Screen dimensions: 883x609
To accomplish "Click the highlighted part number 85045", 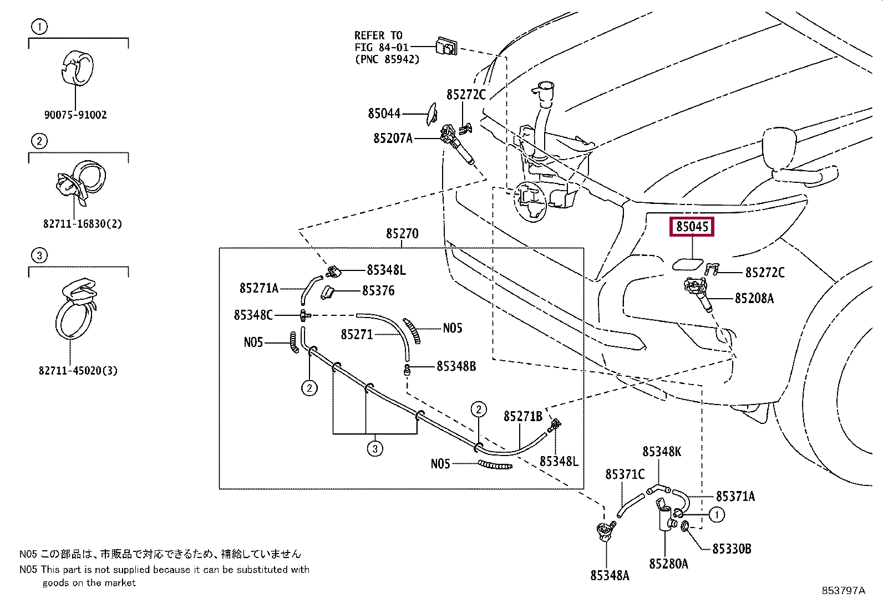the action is [692, 227].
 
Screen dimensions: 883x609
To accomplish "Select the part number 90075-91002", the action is [75, 115].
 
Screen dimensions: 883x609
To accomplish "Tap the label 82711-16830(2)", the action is [83, 224].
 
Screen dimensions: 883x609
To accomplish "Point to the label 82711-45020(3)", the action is [78, 371].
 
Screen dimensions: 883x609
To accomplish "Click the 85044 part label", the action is [384, 114].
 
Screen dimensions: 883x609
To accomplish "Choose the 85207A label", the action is [393, 139].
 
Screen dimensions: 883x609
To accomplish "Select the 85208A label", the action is [754, 299].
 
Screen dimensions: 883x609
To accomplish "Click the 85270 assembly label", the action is [402, 234].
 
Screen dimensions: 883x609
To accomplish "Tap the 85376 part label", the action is [378, 291].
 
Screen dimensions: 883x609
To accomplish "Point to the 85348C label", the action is [253, 315].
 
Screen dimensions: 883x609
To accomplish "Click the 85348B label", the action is [456, 366].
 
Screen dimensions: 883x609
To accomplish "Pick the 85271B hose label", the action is [523, 416].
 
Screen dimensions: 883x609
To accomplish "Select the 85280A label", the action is [668, 564].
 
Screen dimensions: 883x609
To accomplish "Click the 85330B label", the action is [732, 549].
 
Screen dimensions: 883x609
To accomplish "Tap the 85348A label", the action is [610, 576].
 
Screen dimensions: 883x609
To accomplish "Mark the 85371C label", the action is [625, 475].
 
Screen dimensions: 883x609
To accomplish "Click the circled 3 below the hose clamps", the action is [375, 448].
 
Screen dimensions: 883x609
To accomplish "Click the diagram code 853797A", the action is [843, 591].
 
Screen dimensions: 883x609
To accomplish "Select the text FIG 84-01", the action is [381, 47].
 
